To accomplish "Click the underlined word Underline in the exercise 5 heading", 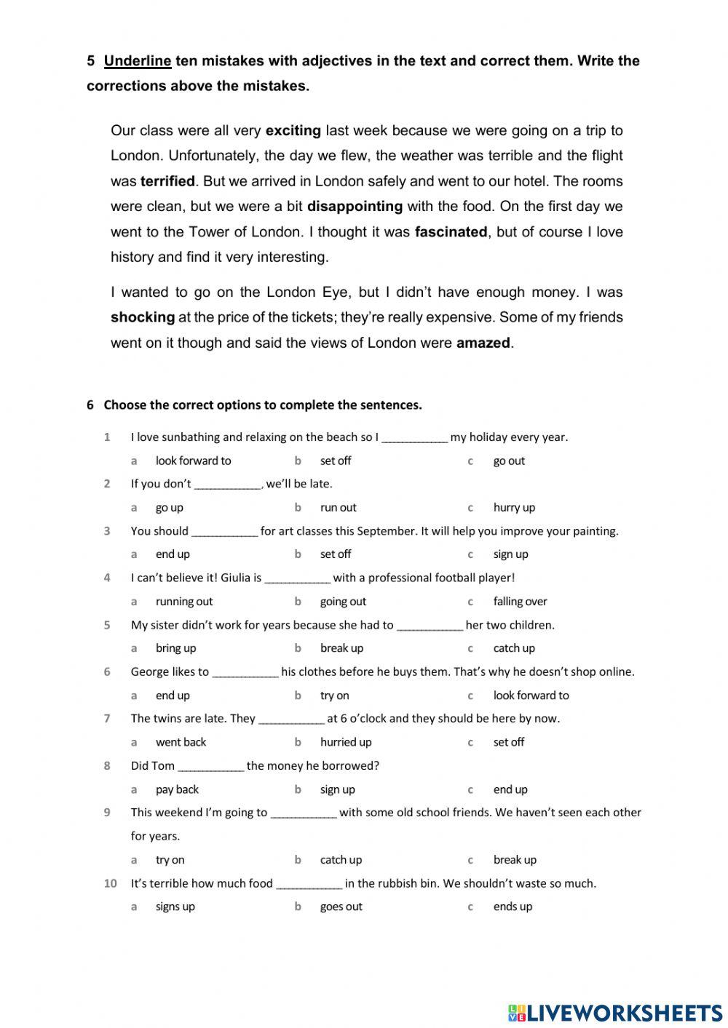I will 138,61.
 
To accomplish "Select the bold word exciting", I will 293,131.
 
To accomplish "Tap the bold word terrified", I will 167,181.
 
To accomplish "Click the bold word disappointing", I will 355,207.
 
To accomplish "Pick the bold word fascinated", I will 451,232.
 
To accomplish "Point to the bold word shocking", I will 143,317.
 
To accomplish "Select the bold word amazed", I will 483,343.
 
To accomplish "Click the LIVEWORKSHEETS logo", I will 615,1012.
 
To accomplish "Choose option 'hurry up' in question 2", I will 514,508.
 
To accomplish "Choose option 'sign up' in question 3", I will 510,554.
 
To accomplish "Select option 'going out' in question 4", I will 343,602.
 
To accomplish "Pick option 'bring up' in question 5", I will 175,648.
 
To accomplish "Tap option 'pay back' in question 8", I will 177,789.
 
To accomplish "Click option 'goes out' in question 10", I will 341,907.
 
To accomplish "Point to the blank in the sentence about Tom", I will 210,767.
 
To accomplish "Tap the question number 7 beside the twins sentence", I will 107,719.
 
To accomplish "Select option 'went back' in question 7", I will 181,742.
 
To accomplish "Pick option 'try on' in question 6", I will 334,696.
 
